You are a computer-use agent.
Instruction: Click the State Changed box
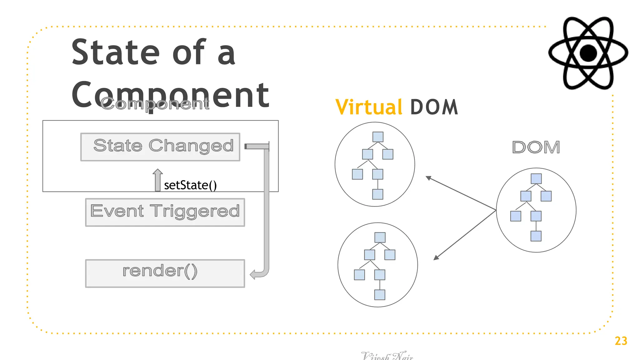(160, 147)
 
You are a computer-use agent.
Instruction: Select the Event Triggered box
(165, 212)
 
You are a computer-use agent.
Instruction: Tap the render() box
(165, 273)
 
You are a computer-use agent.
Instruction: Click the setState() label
(190, 185)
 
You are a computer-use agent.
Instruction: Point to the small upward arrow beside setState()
(157, 179)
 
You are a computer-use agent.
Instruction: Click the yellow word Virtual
(369, 107)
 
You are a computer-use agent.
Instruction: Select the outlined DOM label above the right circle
(536, 147)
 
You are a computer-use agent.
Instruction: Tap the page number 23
(621, 341)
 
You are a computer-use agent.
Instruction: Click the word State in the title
(116, 52)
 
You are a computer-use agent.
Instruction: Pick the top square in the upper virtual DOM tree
(378, 137)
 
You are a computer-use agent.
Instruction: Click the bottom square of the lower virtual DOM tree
(380, 295)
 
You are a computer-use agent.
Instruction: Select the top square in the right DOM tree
(536, 179)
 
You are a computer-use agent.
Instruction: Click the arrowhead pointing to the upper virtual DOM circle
(428, 178)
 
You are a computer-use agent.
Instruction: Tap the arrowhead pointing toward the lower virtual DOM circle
(436, 257)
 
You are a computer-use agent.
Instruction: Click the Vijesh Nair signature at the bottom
(387, 356)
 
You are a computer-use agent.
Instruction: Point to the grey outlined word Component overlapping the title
(155, 104)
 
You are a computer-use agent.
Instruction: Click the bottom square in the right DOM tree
(536, 236)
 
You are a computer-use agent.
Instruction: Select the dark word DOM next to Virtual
(434, 107)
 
